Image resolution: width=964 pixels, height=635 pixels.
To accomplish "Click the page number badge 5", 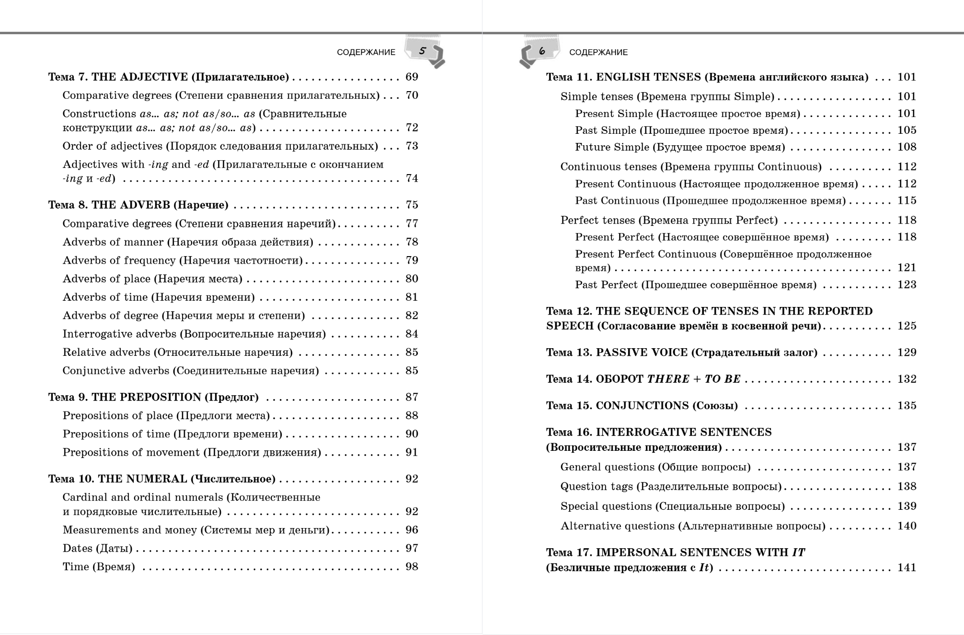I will (423, 51).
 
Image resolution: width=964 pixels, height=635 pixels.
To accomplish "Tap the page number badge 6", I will (542, 51).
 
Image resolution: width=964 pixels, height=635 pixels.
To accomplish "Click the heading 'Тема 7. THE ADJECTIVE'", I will (168, 77).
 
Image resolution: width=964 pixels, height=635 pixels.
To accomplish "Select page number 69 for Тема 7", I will (412, 77).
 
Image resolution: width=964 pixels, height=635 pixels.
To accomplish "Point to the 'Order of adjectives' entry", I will (220, 146).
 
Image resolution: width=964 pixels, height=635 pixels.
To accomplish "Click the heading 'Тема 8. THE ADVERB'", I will (138, 205).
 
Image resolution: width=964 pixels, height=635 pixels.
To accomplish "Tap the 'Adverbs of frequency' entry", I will (183, 261).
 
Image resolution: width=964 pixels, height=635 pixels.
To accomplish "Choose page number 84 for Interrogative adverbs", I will (412, 334).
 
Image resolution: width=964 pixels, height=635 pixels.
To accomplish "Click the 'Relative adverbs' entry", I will (177, 353).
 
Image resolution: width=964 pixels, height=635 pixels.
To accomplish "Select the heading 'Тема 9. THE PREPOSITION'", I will (153, 398).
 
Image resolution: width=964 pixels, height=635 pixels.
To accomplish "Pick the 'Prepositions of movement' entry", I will (192, 453).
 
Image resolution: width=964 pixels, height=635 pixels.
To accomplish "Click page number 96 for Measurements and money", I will (412, 530).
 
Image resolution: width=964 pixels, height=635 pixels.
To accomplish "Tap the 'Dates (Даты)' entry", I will (97, 549).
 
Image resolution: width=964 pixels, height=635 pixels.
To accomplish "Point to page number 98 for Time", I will (412, 567).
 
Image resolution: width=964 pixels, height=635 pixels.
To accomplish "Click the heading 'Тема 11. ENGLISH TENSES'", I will (707, 77).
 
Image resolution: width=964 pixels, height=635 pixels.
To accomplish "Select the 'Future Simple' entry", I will (680, 147).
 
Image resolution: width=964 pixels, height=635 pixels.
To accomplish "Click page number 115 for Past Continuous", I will (907, 201).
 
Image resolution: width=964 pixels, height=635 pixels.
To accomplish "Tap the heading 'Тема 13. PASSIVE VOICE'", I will (681, 353).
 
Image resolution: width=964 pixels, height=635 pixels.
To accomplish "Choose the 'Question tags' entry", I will (671, 487).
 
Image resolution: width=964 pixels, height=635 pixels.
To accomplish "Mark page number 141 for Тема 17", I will (907, 568).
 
